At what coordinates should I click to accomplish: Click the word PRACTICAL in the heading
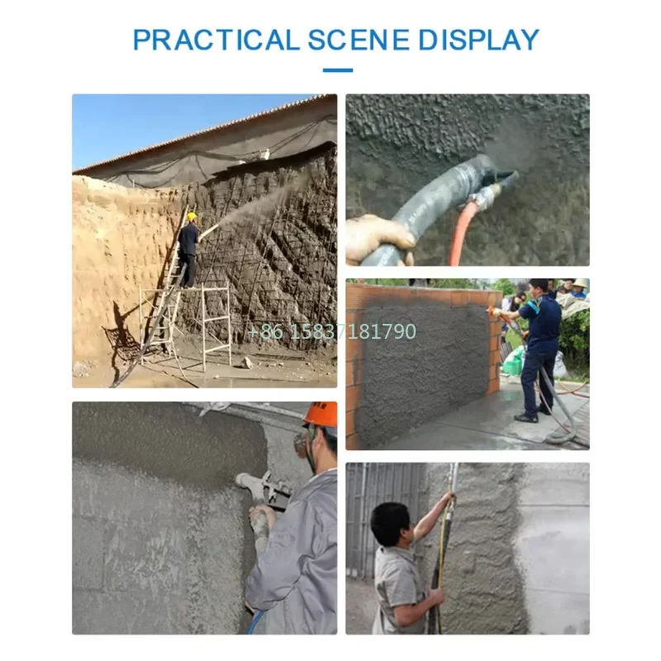216,40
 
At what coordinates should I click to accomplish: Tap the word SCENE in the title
359,40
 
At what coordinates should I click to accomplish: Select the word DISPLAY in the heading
478,40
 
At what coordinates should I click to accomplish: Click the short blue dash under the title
337,70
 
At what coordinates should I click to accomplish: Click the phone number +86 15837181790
332,332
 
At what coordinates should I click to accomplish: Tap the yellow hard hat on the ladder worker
192,216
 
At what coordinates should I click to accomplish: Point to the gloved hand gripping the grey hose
378,235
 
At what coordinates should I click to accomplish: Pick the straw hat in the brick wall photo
580,284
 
